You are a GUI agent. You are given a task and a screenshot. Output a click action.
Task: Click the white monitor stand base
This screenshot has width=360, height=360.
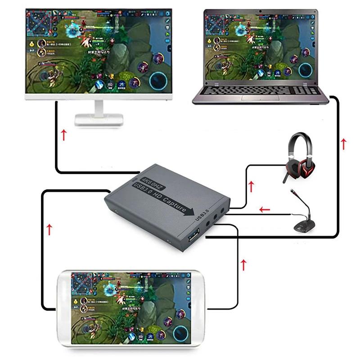click(99, 119)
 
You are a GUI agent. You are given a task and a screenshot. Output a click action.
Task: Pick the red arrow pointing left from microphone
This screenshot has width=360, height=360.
click(265, 209)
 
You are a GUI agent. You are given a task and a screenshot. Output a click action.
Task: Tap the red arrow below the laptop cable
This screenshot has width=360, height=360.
click(344, 144)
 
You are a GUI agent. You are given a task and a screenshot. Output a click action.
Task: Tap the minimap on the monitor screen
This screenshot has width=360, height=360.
click(41, 22)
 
